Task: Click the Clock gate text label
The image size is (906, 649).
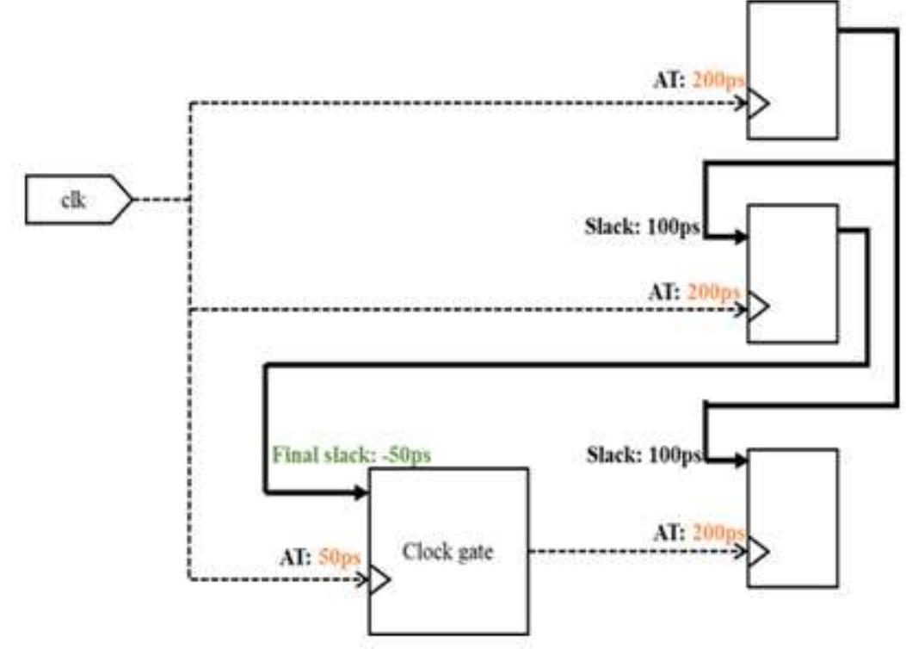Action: coord(447,552)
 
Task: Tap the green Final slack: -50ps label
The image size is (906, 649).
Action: coord(351,454)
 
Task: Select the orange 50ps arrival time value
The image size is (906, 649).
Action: coord(339,558)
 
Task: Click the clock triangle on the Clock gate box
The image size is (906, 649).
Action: coord(379,579)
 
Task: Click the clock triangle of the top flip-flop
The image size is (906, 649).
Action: coord(758,105)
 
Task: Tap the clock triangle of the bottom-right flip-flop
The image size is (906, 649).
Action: coord(758,549)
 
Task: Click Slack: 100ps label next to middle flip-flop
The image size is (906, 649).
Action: coord(642,230)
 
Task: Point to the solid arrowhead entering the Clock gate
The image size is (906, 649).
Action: coord(361,493)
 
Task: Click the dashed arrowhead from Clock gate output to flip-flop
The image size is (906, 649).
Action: coord(742,549)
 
